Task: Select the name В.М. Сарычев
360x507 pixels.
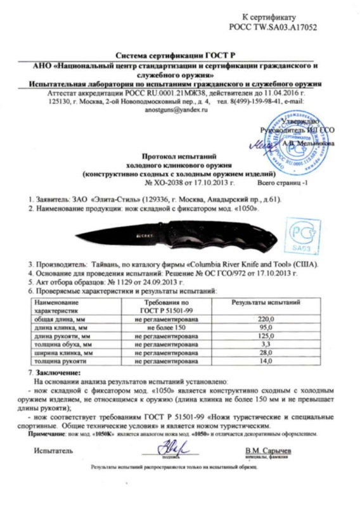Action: [270, 449]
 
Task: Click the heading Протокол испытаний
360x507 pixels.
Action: [177, 154]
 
